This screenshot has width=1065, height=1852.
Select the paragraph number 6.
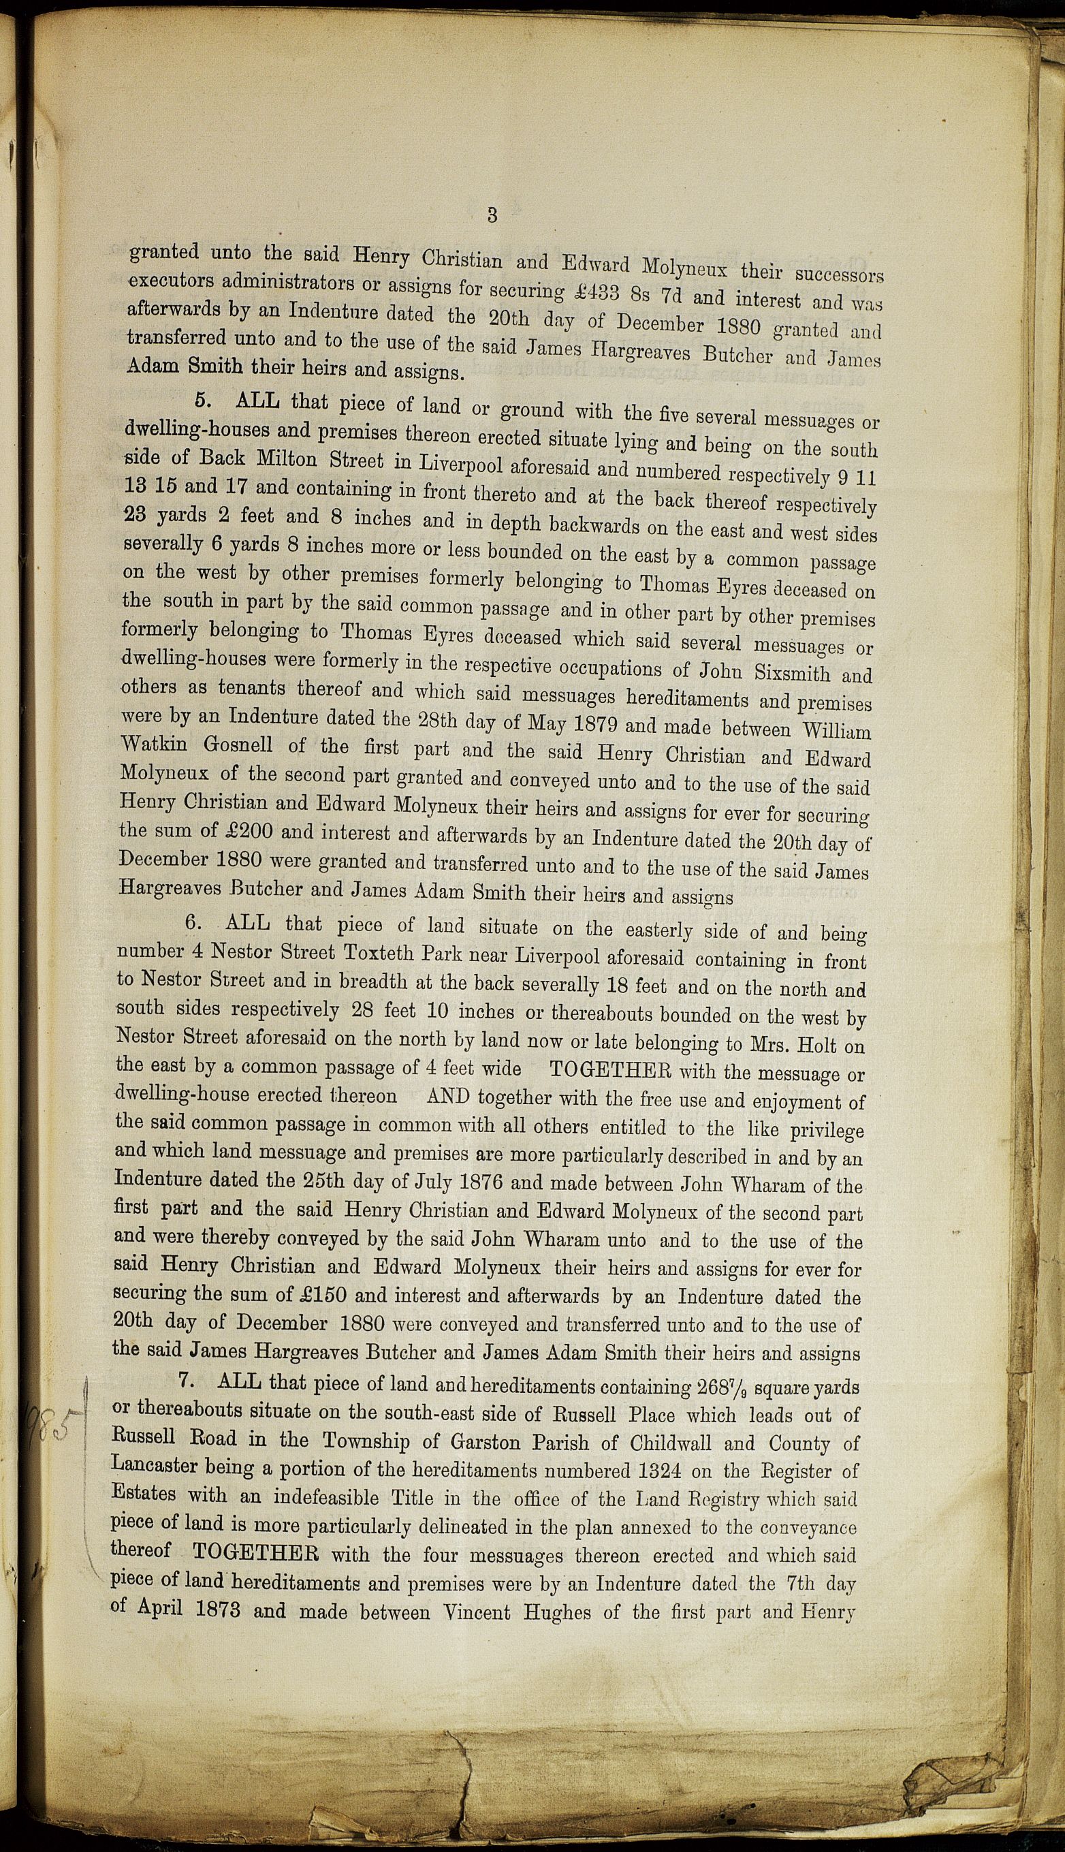click(x=191, y=922)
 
